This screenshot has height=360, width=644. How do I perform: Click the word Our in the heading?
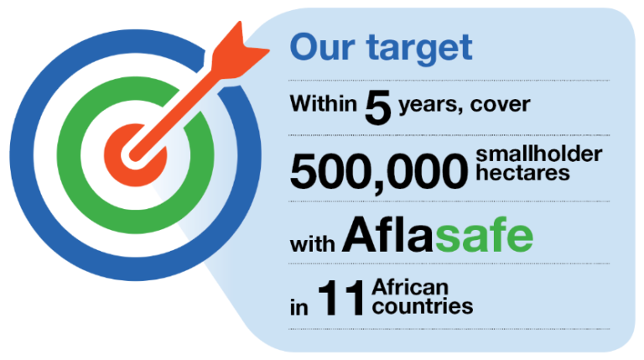coord(322,47)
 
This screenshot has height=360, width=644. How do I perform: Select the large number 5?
coord(378,107)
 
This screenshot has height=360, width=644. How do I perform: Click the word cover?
coord(501,105)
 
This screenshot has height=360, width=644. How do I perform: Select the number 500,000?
coord(379,170)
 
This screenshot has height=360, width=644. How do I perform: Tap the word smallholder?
coord(539,154)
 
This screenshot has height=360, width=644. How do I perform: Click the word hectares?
coord(522,173)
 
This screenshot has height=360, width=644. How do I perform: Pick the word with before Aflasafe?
coord(312,243)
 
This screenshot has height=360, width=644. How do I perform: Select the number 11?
coord(340,298)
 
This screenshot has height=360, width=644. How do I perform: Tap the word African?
coord(410,287)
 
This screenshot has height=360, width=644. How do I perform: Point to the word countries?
coord(423,306)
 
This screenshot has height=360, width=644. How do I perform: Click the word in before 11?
coord(299,306)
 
